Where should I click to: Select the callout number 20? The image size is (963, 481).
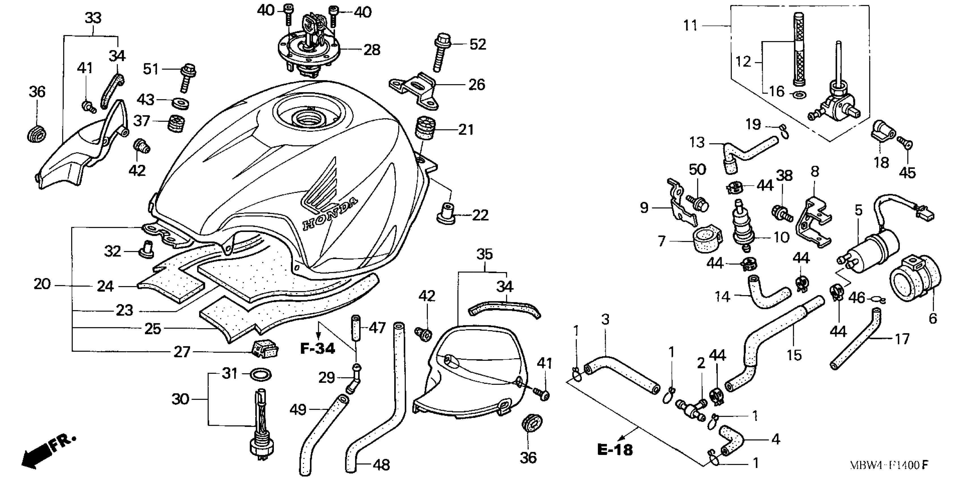pyautogui.click(x=42, y=285)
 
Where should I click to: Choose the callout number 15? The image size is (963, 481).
pyautogui.click(x=794, y=355)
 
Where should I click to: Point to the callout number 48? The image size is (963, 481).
pyautogui.click(x=381, y=465)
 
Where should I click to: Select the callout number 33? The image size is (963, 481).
pyautogui.click(x=93, y=18)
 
